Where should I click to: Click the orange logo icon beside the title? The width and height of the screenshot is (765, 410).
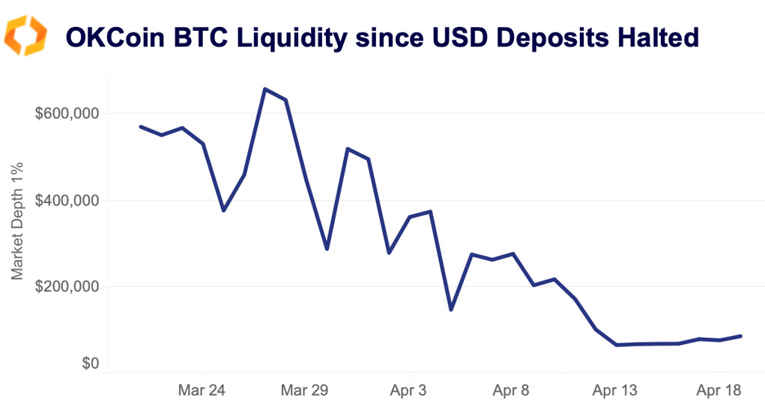[25, 36]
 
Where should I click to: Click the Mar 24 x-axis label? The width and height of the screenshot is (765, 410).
[203, 391]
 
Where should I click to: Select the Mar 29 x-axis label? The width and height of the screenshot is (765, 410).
[306, 391]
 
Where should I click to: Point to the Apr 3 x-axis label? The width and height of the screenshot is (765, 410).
[409, 391]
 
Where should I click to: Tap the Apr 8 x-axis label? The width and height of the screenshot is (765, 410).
[512, 391]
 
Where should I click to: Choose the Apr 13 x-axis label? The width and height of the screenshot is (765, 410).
[615, 391]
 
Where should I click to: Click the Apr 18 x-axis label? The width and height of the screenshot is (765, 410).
[719, 391]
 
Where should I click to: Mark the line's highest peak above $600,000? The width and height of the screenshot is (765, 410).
[265, 88]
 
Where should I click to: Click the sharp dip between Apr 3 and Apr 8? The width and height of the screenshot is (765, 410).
[450, 310]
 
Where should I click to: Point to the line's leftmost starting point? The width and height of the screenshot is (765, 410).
[141, 127]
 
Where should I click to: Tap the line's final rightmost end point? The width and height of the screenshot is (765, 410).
[741, 336]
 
